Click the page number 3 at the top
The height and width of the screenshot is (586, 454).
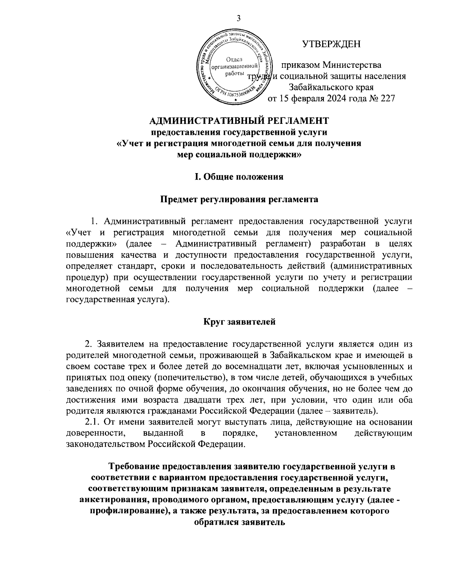(x=238, y=18)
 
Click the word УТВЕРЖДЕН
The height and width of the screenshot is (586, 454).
(x=331, y=45)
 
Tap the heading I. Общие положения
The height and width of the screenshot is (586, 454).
(x=239, y=177)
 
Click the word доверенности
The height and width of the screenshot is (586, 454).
(x=95, y=433)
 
